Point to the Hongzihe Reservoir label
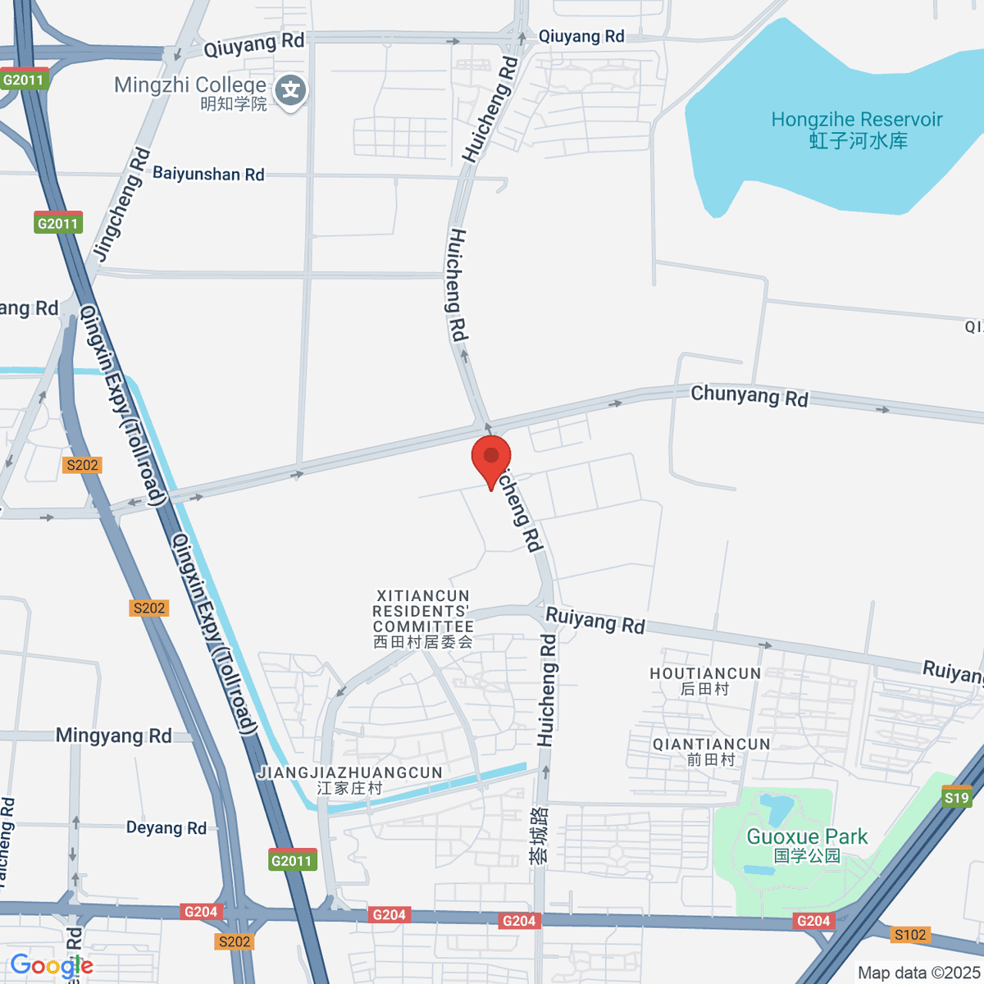857,130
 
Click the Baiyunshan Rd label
208,174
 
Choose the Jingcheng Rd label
122,204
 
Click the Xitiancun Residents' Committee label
422,619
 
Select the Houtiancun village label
705,681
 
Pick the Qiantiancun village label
711,751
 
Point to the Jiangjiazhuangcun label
350,780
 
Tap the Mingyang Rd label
114,736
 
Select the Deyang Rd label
166,827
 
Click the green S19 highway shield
956,797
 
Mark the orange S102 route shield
910,935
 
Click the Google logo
52,966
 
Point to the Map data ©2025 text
918,973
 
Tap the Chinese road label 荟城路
539,835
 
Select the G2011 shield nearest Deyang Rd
292,860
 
